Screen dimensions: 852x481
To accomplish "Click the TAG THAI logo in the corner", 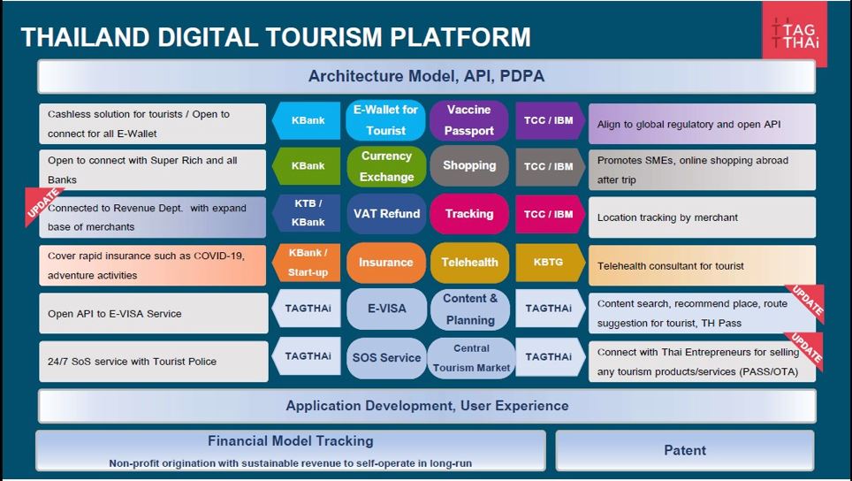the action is tap(795, 34).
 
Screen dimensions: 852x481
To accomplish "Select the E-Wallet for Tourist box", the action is tap(386, 120).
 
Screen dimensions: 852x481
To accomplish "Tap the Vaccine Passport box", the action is tap(469, 120).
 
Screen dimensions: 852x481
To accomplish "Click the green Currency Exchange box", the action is tap(386, 166).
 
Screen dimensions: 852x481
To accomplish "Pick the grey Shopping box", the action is tap(469, 165).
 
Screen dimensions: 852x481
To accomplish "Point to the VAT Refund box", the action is tap(386, 214).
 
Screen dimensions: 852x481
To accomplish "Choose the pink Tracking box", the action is tap(469, 214).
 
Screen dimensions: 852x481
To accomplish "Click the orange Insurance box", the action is tap(386, 263).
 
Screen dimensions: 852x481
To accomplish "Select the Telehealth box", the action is tap(469, 263).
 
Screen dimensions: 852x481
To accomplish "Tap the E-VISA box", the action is tap(386, 309).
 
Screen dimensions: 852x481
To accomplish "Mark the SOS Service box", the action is tap(386, 358).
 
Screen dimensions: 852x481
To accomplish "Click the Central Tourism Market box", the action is tap(471, 357).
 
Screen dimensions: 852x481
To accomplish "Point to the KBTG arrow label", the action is tap(550, 263).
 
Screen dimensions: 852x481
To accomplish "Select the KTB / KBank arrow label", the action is tap(307, 214).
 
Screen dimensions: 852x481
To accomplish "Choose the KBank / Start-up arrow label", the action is tap(307, 263).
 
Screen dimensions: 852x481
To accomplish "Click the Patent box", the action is tap(685, 451).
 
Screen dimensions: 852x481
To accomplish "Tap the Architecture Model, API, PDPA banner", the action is tap(427, 76).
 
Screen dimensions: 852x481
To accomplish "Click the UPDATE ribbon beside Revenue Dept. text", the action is tap(43, 205).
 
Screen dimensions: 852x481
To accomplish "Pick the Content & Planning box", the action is tap(470, 309).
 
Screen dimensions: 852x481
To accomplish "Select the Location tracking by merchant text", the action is tap(667, 218).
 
